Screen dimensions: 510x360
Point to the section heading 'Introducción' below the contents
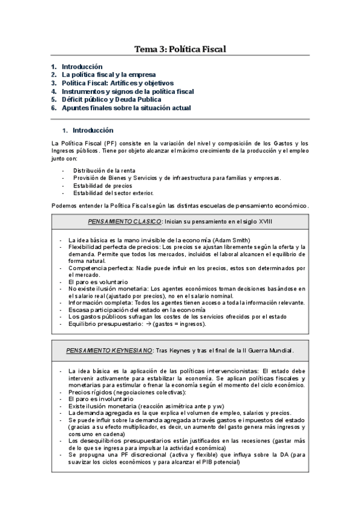(93, 130)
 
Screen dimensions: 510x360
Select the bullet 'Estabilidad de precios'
(99, 185)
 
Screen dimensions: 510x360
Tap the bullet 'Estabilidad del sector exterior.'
(113, 192)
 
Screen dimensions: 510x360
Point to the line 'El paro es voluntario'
(98, 281)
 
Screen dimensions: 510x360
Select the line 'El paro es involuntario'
(100, 399)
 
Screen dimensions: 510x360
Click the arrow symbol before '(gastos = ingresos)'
(156, 324)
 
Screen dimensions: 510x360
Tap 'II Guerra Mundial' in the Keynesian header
(258, 350)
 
